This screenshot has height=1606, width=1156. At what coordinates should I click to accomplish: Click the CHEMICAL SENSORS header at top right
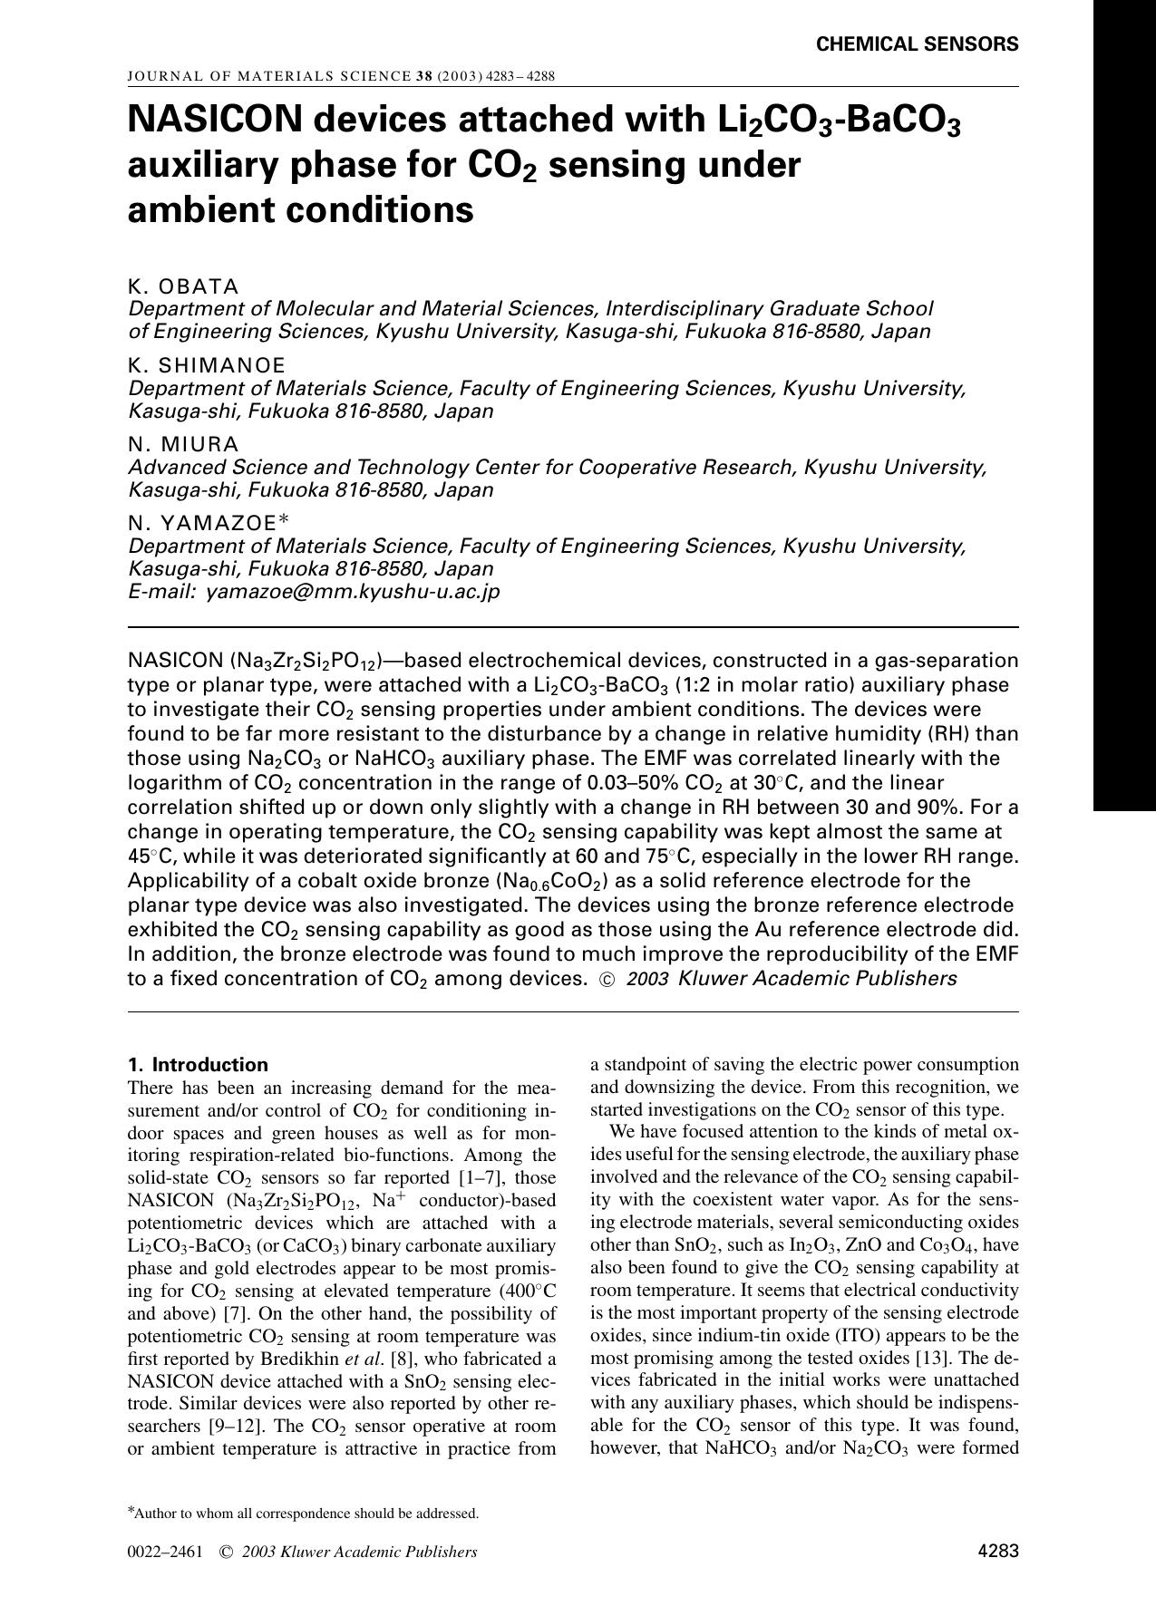917,44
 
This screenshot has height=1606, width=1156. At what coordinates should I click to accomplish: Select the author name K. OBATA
183,287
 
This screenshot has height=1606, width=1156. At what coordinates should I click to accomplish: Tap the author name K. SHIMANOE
207,365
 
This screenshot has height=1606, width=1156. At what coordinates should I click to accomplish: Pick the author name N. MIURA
184,445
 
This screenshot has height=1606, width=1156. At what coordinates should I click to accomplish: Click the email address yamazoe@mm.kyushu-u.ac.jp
353,592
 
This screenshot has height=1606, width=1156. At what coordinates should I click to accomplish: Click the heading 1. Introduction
198,1065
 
